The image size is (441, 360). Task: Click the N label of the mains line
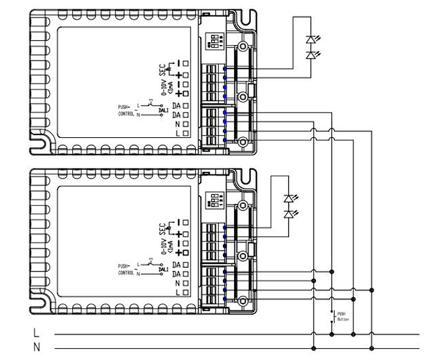pos(37,348)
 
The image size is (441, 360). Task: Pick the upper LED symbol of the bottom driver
pos(289,199)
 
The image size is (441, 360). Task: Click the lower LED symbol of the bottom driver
pos(289,214)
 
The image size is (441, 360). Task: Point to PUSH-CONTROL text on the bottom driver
pos(126,269)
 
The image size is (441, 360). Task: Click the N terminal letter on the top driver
pos(176,125)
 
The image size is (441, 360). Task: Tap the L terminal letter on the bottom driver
pos(176,292)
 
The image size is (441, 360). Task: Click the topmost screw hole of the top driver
pos(242,46)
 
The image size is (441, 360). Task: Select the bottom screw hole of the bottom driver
pos(242,299)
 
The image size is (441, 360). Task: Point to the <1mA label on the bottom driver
pos(170,245)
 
